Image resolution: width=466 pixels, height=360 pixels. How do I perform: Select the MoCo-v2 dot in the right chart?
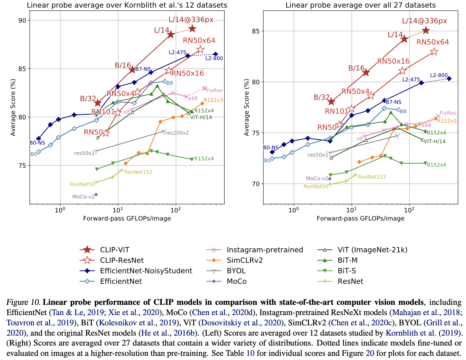330,179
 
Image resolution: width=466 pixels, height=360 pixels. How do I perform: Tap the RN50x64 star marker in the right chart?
434,52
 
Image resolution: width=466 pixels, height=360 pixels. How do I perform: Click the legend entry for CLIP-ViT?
115,250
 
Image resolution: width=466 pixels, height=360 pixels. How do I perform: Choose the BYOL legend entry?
236,270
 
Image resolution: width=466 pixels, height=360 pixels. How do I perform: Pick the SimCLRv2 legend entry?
245,260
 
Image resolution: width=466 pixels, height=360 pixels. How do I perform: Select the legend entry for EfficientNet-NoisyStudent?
146,270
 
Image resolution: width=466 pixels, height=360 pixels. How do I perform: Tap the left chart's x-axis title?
127,219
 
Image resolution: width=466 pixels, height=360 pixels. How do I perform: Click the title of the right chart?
360,5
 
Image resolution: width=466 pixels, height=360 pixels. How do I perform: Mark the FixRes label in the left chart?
214,90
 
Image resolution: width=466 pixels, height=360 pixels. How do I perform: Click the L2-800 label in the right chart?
439,75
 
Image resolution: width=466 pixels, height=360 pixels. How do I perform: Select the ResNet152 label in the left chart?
138,172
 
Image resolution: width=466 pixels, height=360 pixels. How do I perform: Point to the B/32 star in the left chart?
98,103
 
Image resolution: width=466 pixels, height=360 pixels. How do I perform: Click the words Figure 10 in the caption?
23,302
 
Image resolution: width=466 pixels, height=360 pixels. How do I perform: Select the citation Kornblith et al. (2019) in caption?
424,333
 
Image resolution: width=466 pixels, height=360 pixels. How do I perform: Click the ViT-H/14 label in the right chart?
435,141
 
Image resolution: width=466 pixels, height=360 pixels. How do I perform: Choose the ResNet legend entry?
350,281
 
